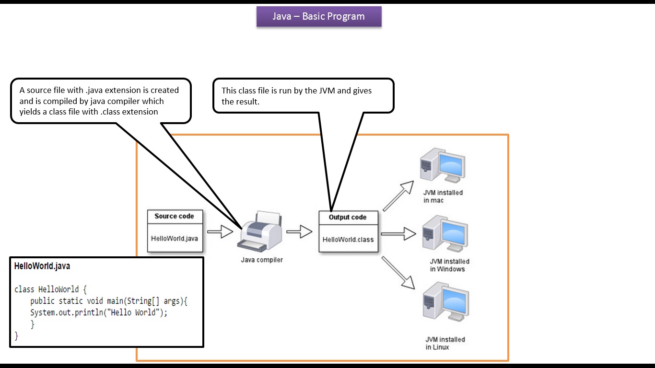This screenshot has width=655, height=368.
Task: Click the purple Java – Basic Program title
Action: (x=319, y=16)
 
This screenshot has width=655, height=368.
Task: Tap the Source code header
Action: (x=174, y=216)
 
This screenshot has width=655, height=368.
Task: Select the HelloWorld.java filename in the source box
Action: (x=174, y=238)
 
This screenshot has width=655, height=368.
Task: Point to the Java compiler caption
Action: (x=261, y=260)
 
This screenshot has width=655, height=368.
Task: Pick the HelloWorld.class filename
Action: (x=348, y=240)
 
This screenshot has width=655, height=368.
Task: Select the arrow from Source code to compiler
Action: (x=220, y=233)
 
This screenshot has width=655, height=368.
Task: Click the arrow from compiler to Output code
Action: (x=299, y=232)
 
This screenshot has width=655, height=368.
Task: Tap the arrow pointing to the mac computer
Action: (x=398, y=196)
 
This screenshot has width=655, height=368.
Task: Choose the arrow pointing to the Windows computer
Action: (x=398, y=234)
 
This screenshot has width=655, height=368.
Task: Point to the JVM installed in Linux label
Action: (x=444, y=343)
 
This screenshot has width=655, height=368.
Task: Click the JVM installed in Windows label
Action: (x=449, y=265)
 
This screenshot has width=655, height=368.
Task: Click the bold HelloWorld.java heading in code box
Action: (x=42, y=266)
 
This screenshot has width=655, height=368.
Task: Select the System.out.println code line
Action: (x=99, y=313)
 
